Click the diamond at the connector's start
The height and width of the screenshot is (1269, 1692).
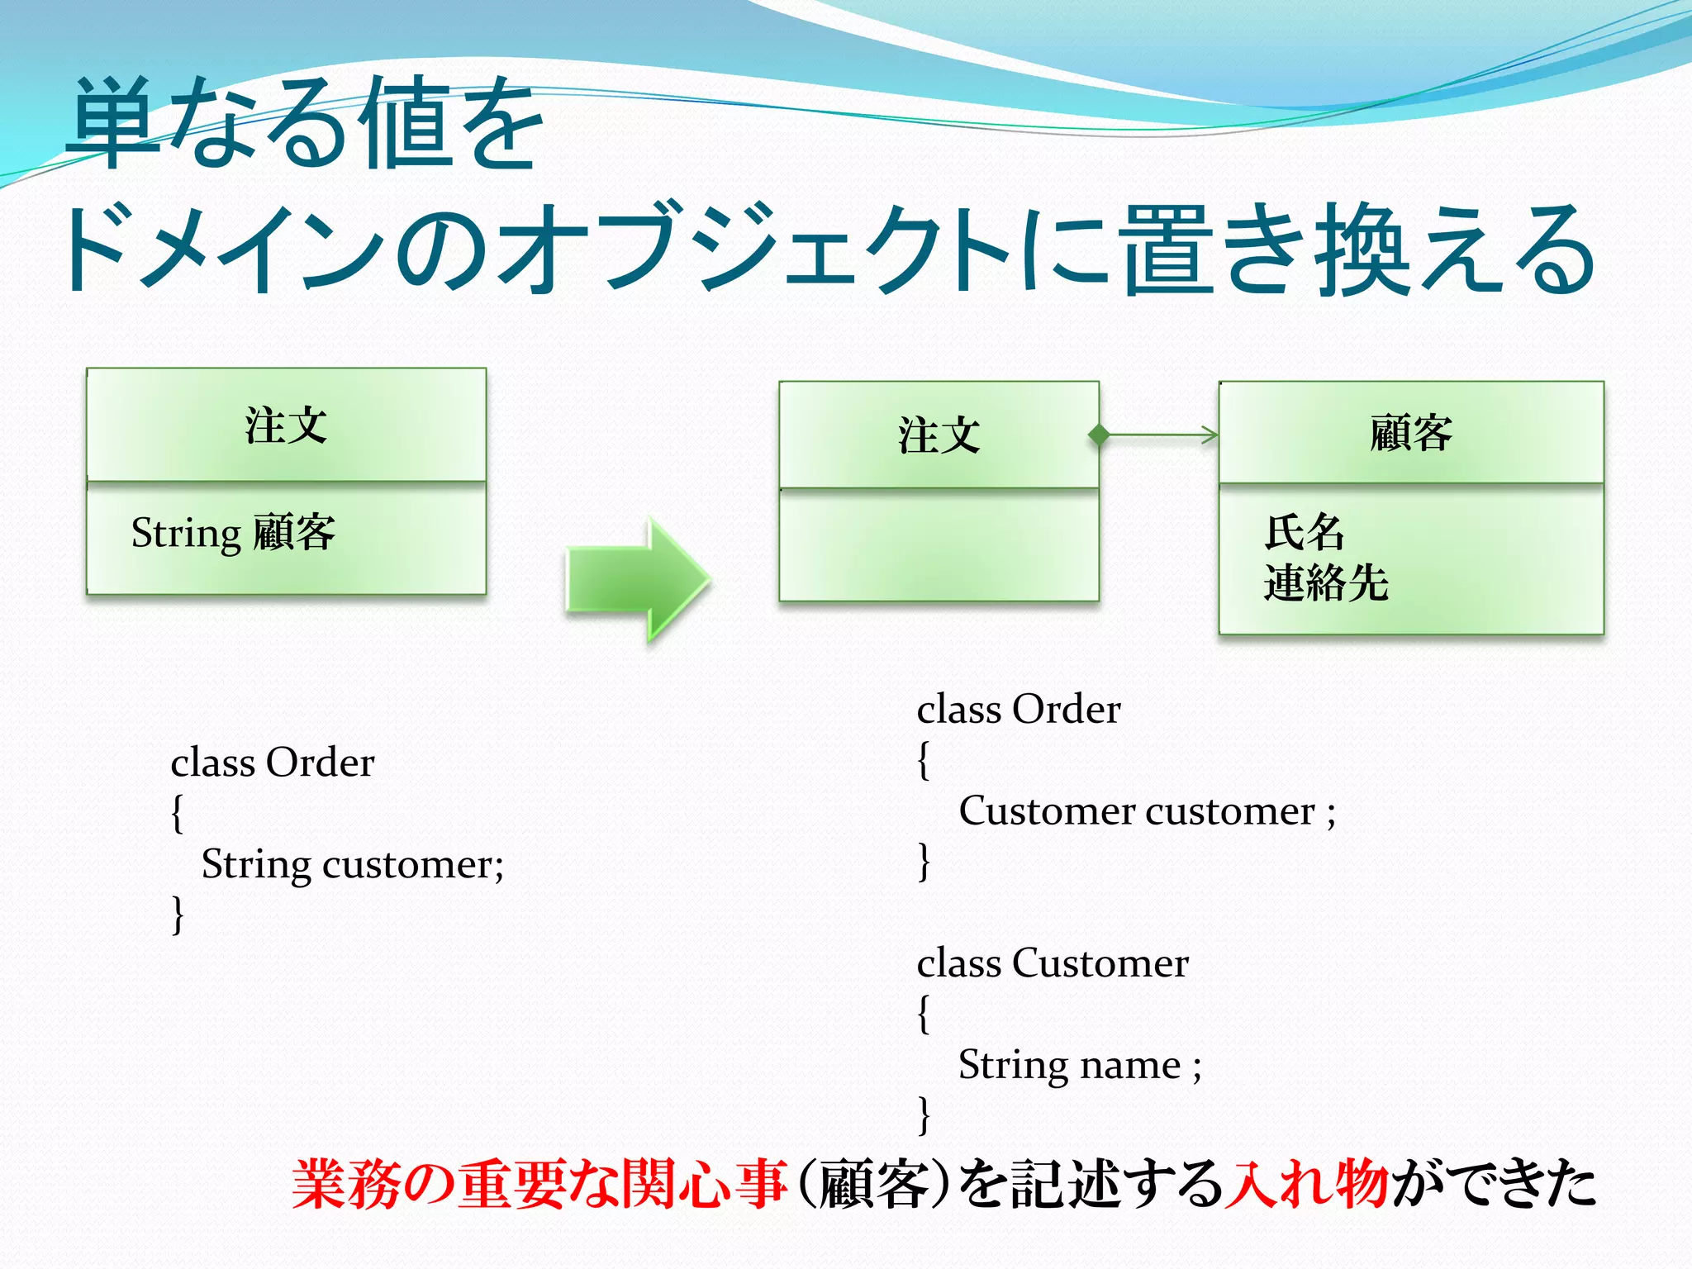pyautogui.click(x=1099, y=435)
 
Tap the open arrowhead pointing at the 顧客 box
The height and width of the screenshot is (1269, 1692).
pyautogui.click(x=1210, y=435)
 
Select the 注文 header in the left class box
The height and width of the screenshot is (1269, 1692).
pyautogui.click(x=286, y=425)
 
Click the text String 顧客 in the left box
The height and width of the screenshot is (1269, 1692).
pyautogui.click(x=233, y=533)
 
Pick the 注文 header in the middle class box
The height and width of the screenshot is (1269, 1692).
pyautogui.click(x=939, y=435)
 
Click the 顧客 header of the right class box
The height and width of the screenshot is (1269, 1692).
pyautogui.click(x=1410, y=433)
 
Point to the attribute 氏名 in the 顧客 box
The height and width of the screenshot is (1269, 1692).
pyautogui.click(x=1305, y=532)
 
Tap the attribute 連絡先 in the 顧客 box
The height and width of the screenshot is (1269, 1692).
pyautogui.click(x=1325, y=582)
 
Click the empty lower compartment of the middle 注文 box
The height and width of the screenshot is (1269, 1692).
pyautogui.click(x=939, y=545)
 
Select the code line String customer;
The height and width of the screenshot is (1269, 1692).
pyautogui.click(x=352, y=865)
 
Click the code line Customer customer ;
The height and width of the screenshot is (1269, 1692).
pyautogui.click(x=1146, y=811)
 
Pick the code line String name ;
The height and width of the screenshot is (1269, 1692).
pyautogui.click(x=1079, y=1064)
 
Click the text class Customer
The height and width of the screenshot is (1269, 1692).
pyautogui.click(x=1052, y=963)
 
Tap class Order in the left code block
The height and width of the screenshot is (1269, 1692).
pyautogui.click(x=272, y=763)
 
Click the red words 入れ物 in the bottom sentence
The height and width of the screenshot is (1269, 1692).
pyautogui.click(x=1305, y=1184)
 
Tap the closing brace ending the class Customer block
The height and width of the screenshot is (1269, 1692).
pyautogui.click(x=924, y=1115)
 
